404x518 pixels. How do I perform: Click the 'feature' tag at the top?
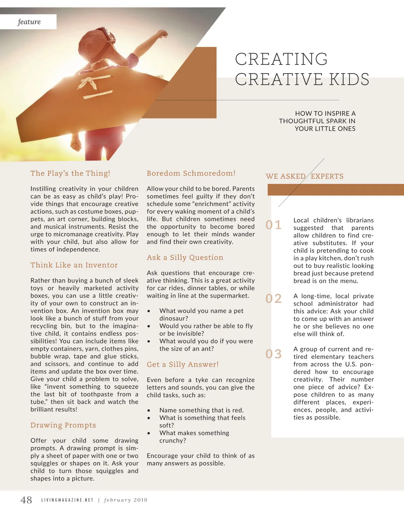click(29, 22)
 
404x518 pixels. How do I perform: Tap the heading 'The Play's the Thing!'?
click(70, 173)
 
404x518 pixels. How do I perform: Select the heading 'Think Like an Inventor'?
click(74, 265)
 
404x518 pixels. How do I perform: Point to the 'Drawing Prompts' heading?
click(63, 425)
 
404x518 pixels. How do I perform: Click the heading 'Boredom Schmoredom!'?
click(191, 173)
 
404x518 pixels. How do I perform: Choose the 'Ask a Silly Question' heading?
click(185, 257)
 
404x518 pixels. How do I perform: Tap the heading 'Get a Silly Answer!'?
click(182, 364)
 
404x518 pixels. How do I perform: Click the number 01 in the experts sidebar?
click(273, 225)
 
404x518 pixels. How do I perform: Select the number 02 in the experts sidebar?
click(273, 298)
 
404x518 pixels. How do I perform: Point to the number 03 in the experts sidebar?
click(273, 354)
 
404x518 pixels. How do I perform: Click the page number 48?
click(26, 500)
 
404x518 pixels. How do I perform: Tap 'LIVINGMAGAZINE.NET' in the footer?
click(67, 500)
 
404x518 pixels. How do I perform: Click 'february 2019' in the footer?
click(126, 500)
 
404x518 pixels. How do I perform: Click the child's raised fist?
click(163, 34)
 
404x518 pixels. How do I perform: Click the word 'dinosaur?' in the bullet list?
click(174, 318)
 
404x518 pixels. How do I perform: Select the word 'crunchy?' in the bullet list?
click(173, 441)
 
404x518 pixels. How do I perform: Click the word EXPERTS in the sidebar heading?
click(327, 176)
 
